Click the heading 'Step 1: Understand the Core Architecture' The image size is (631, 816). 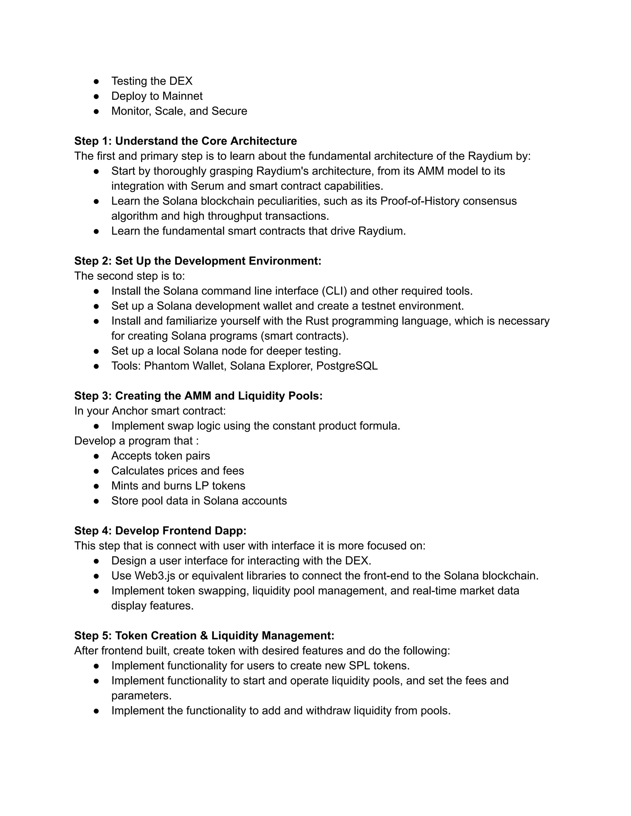coord(185,141)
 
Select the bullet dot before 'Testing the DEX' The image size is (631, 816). coord(96,81)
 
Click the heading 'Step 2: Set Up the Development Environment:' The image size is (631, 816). coord(198,261)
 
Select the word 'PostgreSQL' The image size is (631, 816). coord(347,366)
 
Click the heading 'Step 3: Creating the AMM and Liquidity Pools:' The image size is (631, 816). coord(198,396)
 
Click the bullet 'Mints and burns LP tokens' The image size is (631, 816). coord(178,486)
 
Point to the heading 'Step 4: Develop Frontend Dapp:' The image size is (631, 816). coord(160,531)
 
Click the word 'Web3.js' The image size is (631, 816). coord(154,576)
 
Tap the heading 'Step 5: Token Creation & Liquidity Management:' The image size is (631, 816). coord(204,636)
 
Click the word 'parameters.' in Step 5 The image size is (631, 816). coord(141,696)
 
